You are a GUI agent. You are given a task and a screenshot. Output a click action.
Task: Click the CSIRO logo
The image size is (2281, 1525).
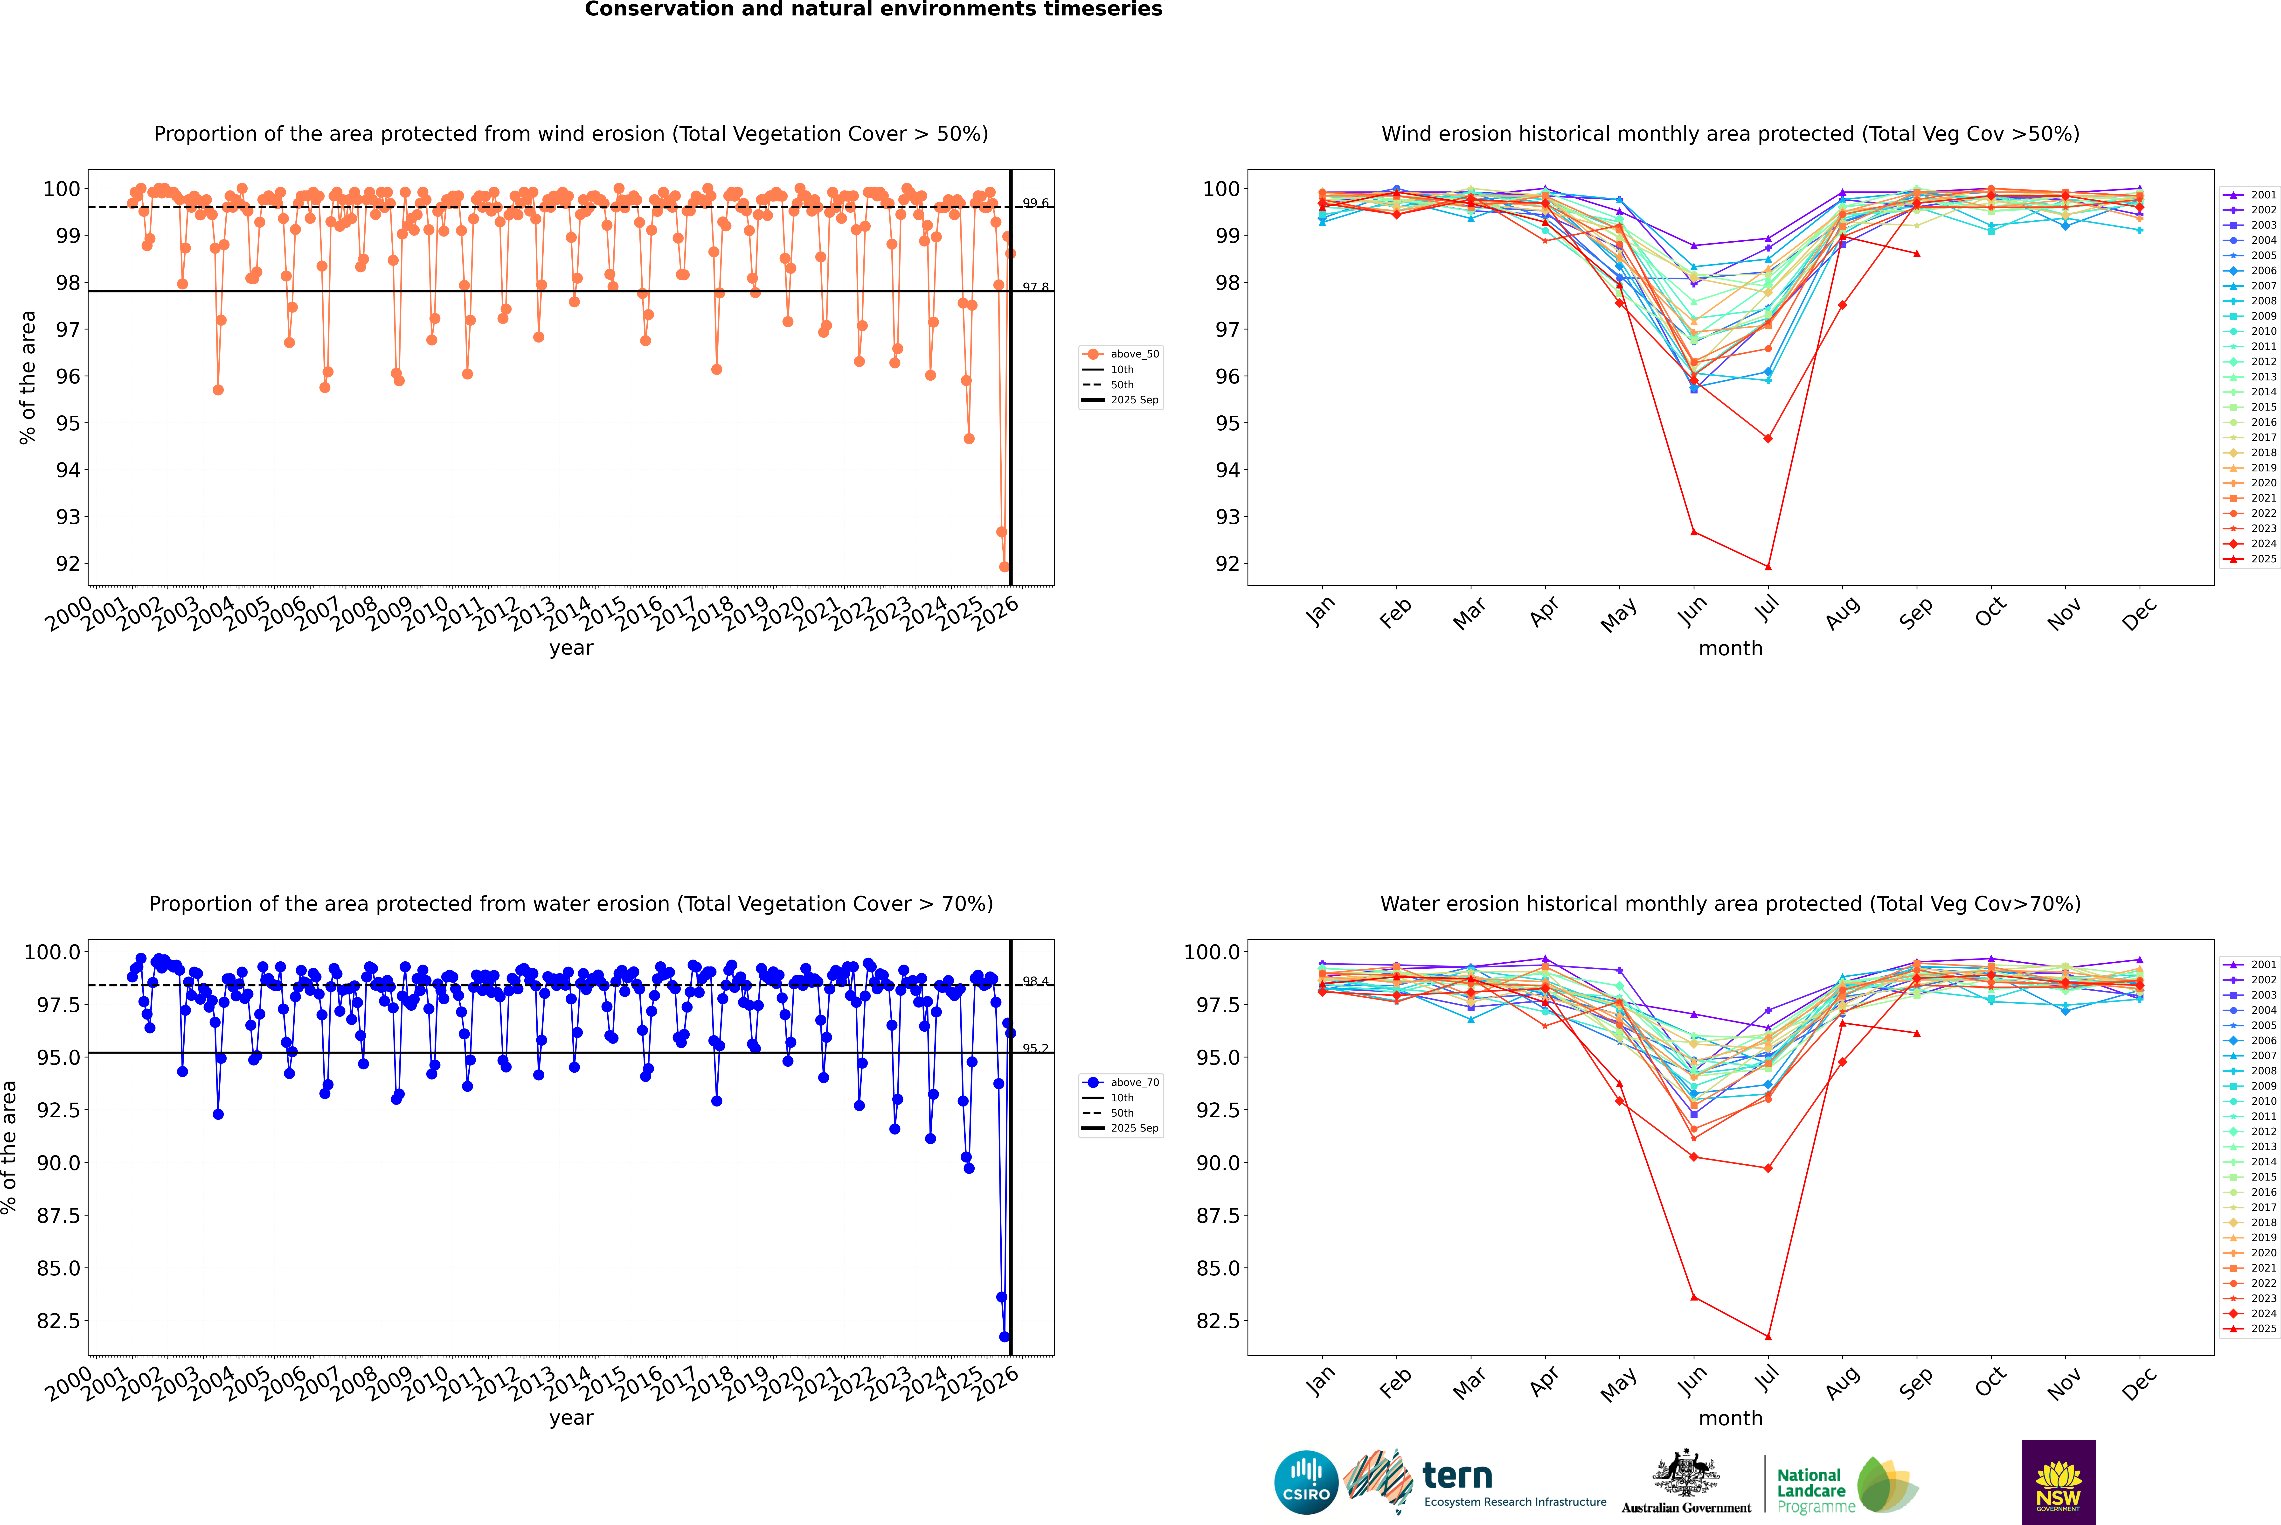click(x=1306, y=1482)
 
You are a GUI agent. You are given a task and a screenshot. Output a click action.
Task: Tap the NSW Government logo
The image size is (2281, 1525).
click(x=2058, y=1482)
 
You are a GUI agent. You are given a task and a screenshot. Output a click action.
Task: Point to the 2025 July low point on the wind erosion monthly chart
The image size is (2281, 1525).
click(x=1768, y=567)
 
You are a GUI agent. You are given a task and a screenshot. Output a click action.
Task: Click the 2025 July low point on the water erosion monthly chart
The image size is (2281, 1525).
click(x=1768, y=1336)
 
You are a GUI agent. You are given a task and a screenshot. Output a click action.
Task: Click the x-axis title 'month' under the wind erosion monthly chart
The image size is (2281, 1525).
click(x=1730, y=649)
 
